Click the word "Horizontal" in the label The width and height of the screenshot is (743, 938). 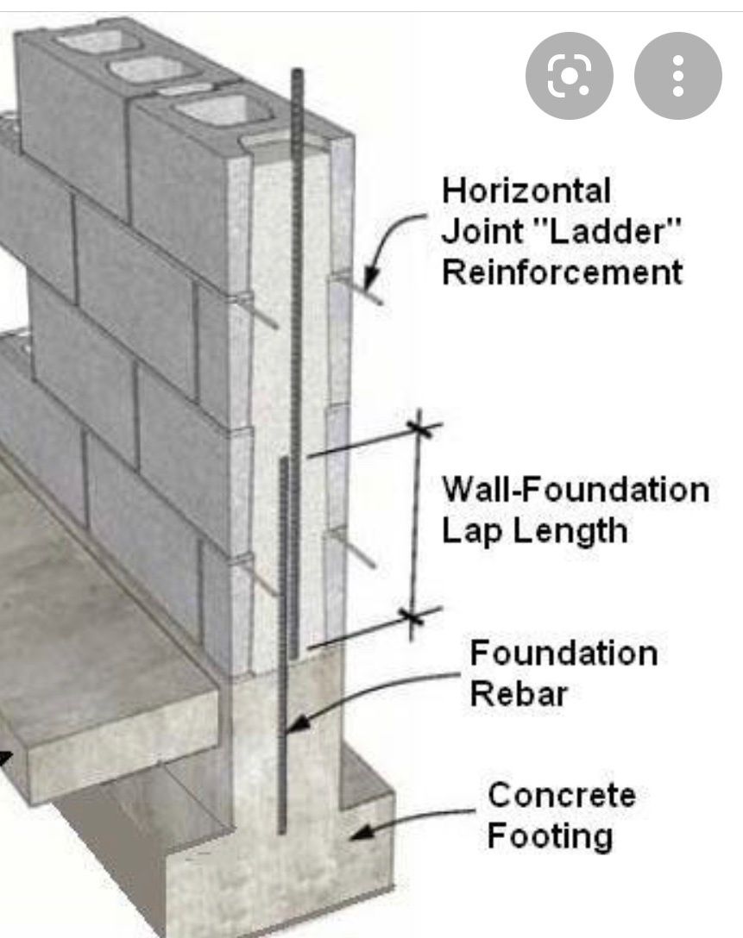click(526, 191)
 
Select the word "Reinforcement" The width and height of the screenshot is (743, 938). click(562, 272)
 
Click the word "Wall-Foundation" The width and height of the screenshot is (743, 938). click(576, 490)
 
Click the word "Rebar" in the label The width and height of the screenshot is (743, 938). click(519, 694)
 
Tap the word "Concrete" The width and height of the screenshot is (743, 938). click(562, 795)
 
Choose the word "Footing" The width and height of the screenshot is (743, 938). click(551, 836)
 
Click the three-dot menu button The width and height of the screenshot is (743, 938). click(677, 76)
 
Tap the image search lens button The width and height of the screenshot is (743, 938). click(570, 76)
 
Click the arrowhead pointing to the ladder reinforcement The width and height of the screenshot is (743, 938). click(371, 278)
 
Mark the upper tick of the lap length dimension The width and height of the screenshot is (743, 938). click(419, 428)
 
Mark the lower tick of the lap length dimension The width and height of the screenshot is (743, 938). click(412, 617)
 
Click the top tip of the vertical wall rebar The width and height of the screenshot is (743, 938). click(298, 70)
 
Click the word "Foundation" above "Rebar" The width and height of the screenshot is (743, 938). click(564, 653)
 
